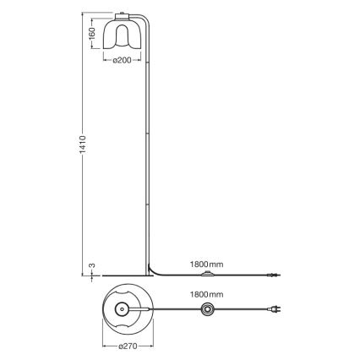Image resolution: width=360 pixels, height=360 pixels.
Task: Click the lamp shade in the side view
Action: (x=120, y=34)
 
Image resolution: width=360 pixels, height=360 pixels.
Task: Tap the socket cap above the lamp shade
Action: (x=120, y=15)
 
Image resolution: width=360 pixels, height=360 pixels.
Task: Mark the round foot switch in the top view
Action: (x=208, y=311)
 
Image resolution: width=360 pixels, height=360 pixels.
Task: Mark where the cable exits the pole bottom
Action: (x=153, y=269)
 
